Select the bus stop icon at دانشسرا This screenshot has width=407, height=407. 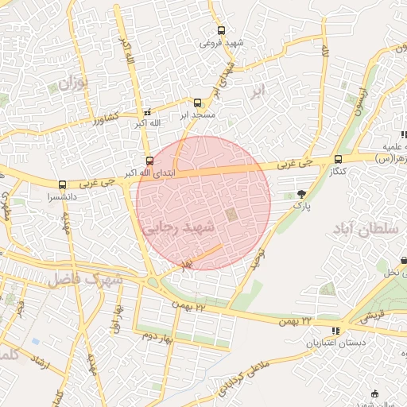pyautogui.click(x=62, y=184)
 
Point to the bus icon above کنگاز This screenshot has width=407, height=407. pyautogui.click(x=339, y=159)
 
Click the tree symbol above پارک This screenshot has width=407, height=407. pyautogui.click(x=301, y=193)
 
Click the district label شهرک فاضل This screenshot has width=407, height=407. pyautogui.click(x=84, y=279)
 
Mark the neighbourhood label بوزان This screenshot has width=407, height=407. pyautogui.click(x=71, y=83)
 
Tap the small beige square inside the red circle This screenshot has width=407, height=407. pyautogui.click(x=231, y=215)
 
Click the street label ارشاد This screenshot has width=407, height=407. pyautogui.click(x=38, y=366)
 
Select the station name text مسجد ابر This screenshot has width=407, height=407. pyautogui.click(x=197, y=115)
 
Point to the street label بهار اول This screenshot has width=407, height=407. pyautogui.click(x=117, y=319)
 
